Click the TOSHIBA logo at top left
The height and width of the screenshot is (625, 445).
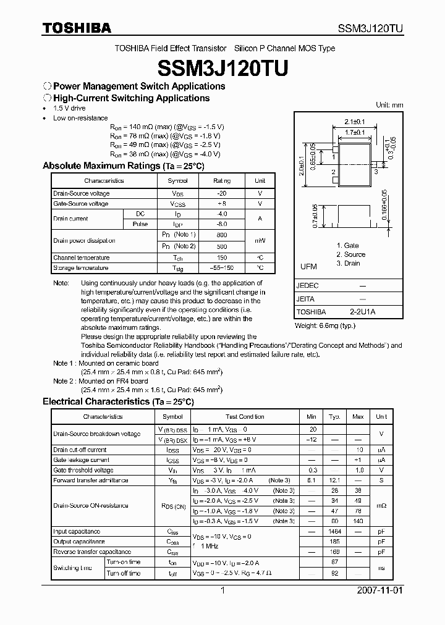pyautogui.click(x=77, y=28)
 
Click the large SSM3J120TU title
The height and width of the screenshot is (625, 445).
pyautogui.click(x=222, y=67)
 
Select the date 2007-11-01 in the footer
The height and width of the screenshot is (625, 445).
pyautogui.click(x=380, y=590)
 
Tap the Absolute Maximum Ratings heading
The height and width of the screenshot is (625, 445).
pyautogui.click(x=123, y=166)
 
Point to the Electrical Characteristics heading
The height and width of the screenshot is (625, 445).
pyautogui.click(x=118, y=401)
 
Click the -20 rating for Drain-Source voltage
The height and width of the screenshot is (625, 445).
pyautogui.click(x=221, y=193)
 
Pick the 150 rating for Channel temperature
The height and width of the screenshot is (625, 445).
pyautogui.click(x=221, y=258)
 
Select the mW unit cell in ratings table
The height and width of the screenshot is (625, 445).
pyautogui.click(x=260, y=241)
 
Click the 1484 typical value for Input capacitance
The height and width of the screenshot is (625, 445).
pyautogui.click(x=334, y=531)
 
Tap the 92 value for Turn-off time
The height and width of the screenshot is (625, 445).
pyautogui.click(x=334, y=573)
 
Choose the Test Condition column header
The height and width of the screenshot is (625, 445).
pyautogui.click(x=245, y=417)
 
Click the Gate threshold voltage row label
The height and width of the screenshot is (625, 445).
pyautogui.click(x=83, y=470)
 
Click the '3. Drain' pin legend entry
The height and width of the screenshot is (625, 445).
pyautogui.click(x=349, y=263)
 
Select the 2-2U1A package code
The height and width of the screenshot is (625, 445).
pyautogui.click(x=362, y=312)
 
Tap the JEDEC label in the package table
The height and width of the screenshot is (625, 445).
pyautogui.click(x=308, y=286)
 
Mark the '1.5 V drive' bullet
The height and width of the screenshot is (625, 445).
pyautogui.click(x=69, y=108)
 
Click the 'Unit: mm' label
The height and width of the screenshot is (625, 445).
pyautogui.click(x=389, y=105)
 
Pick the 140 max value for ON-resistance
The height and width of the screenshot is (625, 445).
pyautogui.click(x=357, y=521)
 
